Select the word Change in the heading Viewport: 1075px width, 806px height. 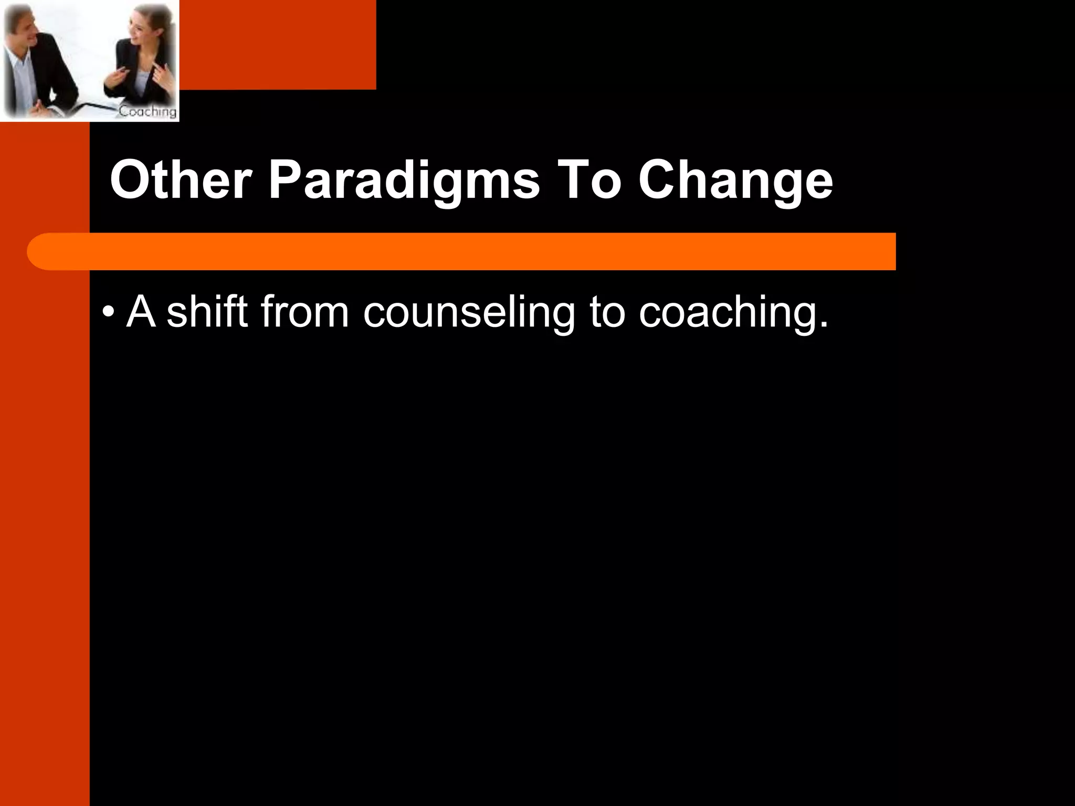coord(735,181)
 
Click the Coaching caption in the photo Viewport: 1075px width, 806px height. coord(147,111)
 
